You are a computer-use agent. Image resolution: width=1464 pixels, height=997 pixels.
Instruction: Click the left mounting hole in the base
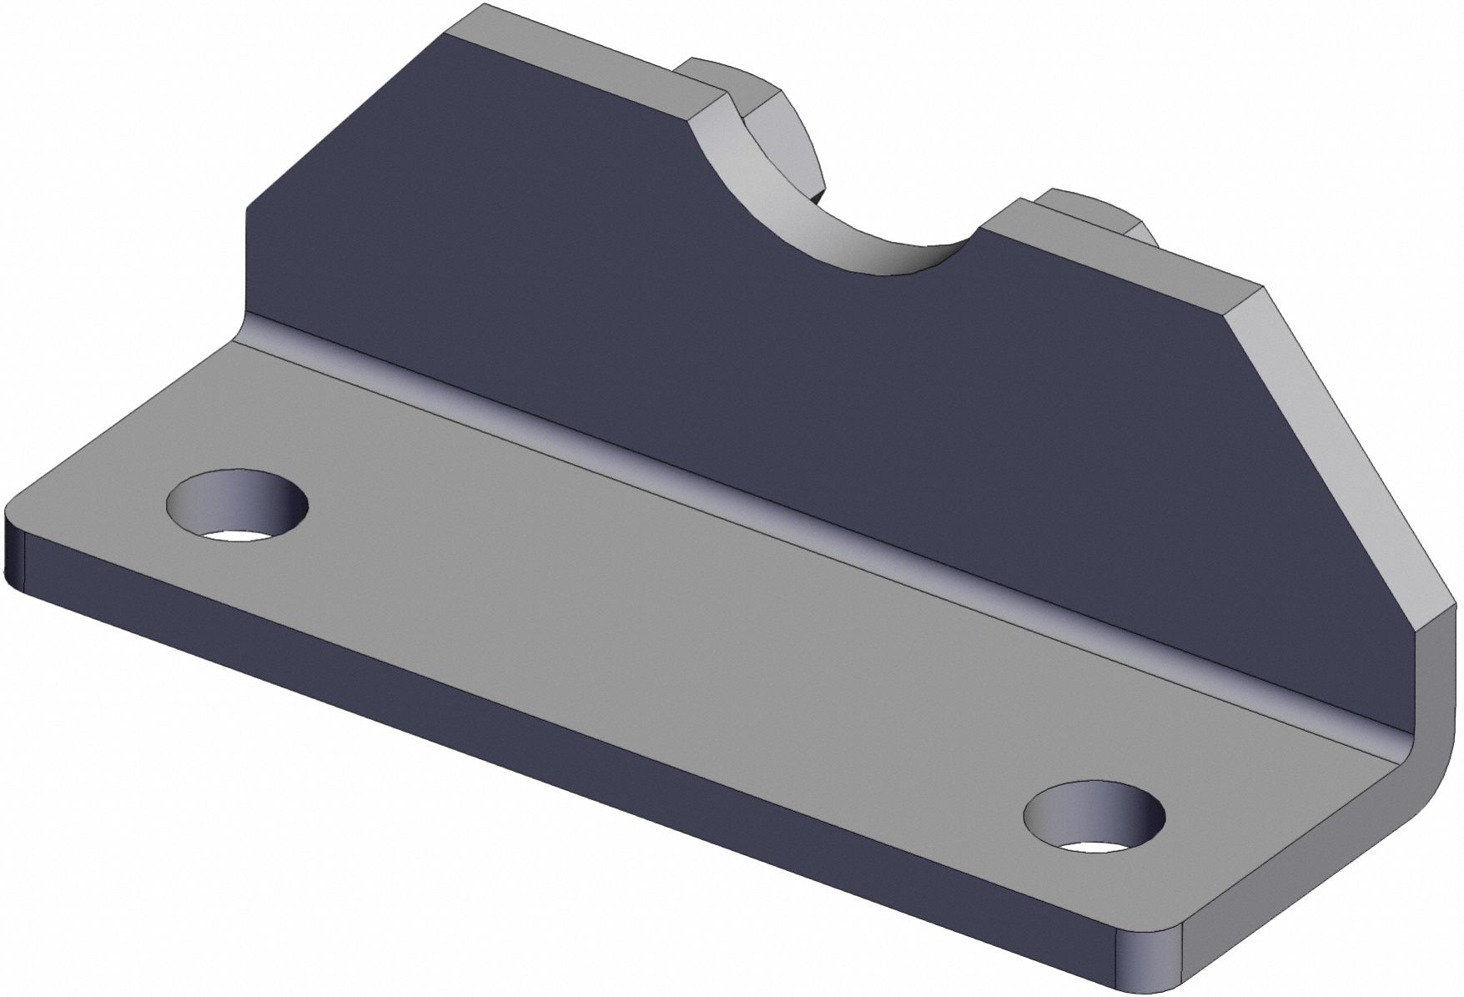click(238, 506)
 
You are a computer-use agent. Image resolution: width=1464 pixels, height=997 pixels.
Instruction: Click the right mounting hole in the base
click(1094, 818)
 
